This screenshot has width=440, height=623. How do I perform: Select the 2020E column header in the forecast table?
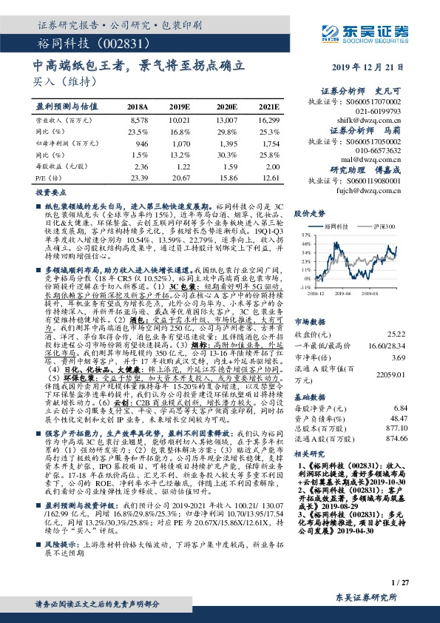click(226, 107)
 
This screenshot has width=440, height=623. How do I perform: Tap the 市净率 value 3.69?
click(400, 337)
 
